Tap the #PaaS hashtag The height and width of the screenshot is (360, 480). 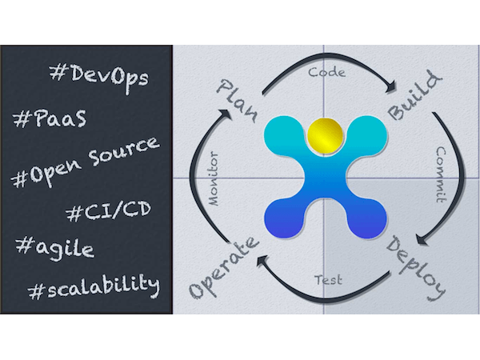(50, 118)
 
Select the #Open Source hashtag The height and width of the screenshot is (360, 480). (86, 162)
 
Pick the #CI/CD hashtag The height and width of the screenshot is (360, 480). (109, 211)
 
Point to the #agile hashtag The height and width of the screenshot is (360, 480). (54, 249)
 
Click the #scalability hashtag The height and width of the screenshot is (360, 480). (94, 286)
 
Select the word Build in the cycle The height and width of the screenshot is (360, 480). (414, 95)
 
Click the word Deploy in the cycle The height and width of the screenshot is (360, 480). (415, 268)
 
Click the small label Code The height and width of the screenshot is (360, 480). (326, 72)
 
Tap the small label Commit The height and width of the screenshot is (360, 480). (441, 174)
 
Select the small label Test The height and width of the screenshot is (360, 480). (328, 279)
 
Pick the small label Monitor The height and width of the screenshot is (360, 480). (214, 178)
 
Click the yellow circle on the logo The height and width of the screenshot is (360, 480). (325, 135)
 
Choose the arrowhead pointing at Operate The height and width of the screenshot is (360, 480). (262, 261)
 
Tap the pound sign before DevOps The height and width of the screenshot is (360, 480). (56, 73)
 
